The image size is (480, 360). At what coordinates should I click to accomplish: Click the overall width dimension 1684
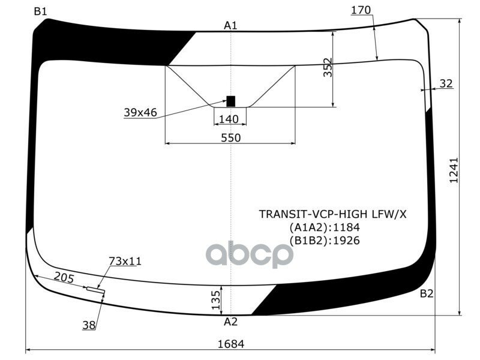point(231,344)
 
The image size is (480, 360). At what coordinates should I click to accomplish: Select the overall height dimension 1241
point(454,170)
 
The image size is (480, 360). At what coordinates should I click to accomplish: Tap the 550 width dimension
point(231,138)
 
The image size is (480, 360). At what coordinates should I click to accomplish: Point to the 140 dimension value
point(229,119)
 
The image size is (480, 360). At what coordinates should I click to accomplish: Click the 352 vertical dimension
point(328,67)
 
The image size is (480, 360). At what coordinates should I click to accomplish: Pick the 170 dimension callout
point(361,10)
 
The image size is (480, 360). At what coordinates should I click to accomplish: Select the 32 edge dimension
point(446,83)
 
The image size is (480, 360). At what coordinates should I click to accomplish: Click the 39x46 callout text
point(140,112)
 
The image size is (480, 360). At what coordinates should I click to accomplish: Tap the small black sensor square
point(230,101)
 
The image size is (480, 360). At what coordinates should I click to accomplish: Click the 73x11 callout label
point(125,261)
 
